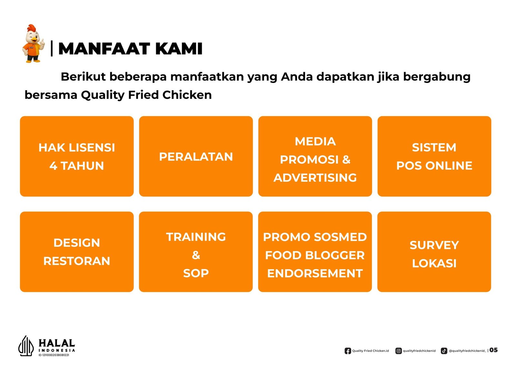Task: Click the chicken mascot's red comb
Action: [x=32, y=28]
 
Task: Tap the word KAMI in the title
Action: [x=179, y=49]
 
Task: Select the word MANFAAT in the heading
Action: [x=104, y=49]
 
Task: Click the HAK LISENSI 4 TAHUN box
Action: [x=77, y=156]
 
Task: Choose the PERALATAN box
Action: [x=196, y=156]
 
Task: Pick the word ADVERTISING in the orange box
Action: [x=315, y=178]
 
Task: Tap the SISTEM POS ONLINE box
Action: [x=434, y=156]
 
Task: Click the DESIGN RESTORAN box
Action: [x=77, y=252]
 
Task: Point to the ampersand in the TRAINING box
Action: [x=196, y=255]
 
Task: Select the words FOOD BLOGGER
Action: [x=315, y=255]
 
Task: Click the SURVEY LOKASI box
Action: [x=434, y=252]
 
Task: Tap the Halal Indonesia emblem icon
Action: [x=26, y=346]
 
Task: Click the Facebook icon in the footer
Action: [x=348, y=351]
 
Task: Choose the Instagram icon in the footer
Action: [x=399, y=351]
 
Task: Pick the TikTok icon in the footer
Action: [x=444, y=351]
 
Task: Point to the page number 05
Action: [x=493, y=350]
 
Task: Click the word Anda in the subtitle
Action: [x=297, y=77]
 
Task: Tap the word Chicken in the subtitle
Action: [x=187, y=95]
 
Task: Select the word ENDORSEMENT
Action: [x=315, y=273]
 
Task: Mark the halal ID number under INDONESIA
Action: [x=54, y=355]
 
